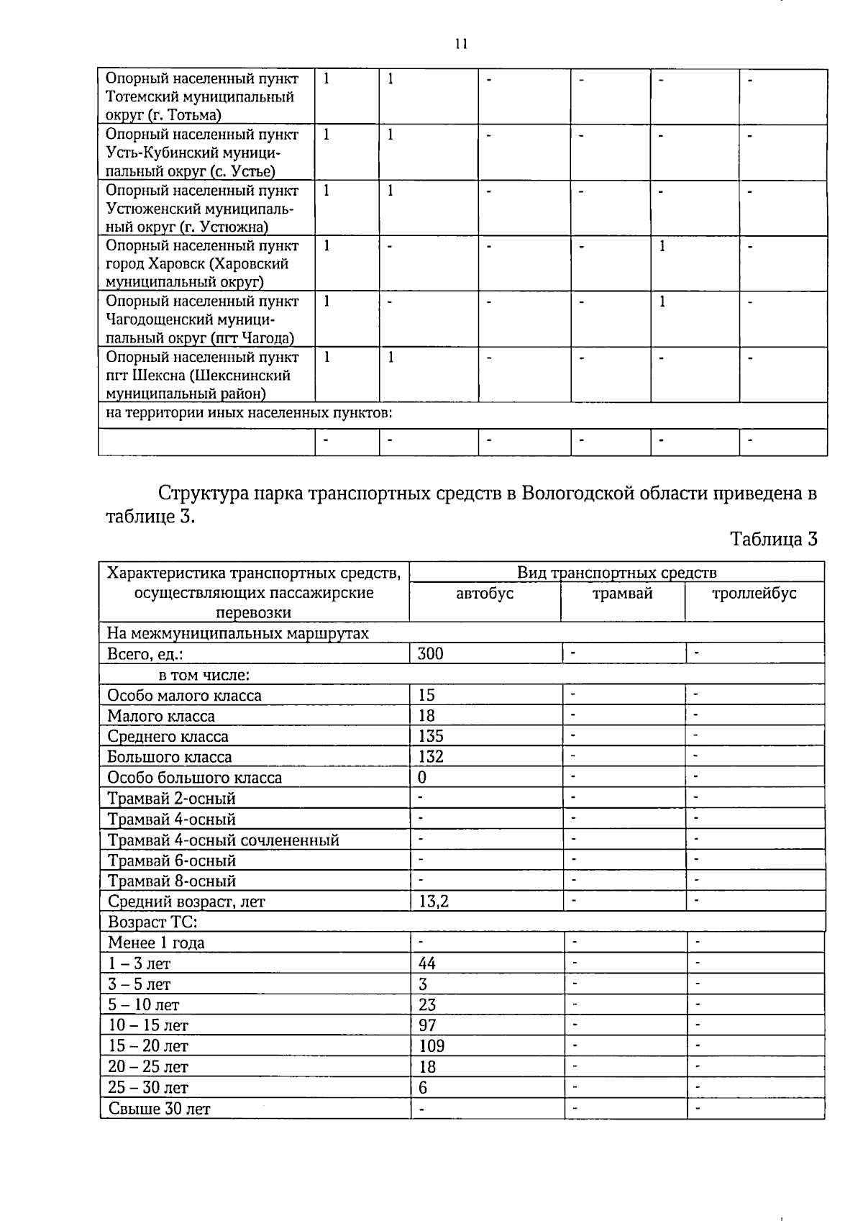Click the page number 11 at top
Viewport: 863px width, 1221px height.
point(461,44)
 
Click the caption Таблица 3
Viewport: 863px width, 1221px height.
point(774,539)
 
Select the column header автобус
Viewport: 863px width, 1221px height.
point(485,594)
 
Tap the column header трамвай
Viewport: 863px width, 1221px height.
point(622,594)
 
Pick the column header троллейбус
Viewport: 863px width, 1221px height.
point(754,594)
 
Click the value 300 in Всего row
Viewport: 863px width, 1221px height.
point(431,653)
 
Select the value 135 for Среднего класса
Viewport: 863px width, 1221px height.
point(431,736)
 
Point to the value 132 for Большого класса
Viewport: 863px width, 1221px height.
point(431,757)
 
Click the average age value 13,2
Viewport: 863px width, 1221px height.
point(434,901)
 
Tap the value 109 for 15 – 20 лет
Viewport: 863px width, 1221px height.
point(431,1045)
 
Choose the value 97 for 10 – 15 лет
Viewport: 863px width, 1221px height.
point(427,1025)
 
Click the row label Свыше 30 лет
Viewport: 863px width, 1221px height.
point(159,1109)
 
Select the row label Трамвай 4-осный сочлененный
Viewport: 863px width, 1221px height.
point(223,840)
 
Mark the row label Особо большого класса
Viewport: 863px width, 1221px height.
point(194,778)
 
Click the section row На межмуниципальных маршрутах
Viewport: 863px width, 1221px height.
point(237,633)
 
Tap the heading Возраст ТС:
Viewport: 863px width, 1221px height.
point(152,922)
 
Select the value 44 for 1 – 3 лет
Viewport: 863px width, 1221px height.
point(427,963)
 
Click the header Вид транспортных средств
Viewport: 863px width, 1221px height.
point(616,573)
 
